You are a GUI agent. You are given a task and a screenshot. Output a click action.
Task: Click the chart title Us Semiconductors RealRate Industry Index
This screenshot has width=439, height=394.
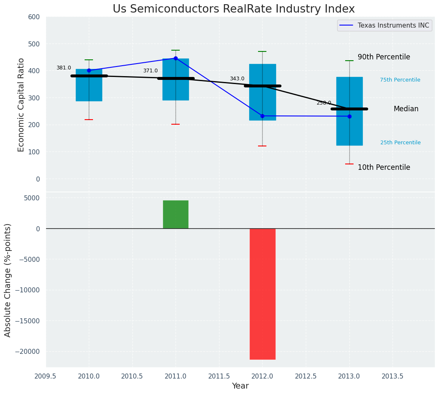tap(234, 9)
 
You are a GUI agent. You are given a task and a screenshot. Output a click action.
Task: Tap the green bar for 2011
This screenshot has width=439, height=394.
tap(176, 214)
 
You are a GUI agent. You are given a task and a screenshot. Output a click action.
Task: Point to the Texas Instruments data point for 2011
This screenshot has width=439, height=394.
tap(176, 58)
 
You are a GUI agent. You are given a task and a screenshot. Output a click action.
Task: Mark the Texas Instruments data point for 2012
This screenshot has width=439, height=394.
tap(262, 116)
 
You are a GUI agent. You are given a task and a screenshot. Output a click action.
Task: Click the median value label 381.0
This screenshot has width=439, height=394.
tap(64, 68)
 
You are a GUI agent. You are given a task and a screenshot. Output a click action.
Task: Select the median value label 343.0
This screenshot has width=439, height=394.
tap(237, 79)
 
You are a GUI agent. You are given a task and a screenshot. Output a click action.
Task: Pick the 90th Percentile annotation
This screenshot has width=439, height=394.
tap(384, 57)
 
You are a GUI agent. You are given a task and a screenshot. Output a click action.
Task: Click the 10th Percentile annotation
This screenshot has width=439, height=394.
tap(384, 167)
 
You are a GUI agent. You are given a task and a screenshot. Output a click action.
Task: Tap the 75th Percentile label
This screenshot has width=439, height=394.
tap(400, 80)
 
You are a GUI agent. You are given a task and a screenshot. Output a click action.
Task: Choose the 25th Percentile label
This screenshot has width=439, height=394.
tap(400, 143)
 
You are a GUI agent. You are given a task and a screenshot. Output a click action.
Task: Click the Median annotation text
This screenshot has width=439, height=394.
tap(406, 109)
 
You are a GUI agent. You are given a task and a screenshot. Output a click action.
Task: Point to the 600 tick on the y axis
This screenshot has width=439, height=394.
tap(34, 17)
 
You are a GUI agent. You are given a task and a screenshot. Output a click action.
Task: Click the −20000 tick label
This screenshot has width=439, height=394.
tap(27, 352)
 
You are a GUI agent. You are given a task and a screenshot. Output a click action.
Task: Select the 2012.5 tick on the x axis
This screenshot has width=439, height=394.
tap(306, 376)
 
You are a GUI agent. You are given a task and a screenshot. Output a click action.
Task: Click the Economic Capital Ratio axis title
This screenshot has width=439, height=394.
tap(21, 105)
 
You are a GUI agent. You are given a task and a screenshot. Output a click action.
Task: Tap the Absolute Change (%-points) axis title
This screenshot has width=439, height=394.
tap(8, 280)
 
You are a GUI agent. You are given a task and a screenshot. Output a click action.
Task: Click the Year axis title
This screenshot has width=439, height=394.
tap(240, 386)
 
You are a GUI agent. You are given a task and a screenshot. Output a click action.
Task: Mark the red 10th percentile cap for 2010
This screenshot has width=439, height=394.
tap(89, 120)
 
